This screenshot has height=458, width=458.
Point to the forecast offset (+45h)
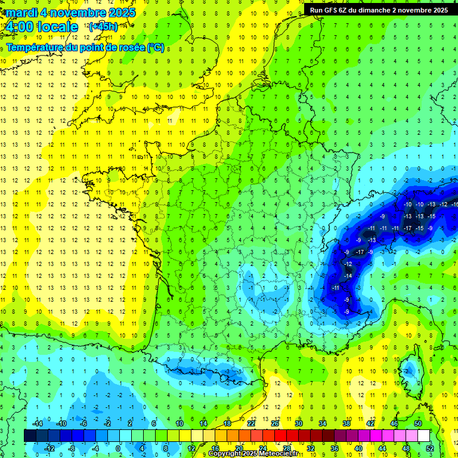tap(103, 27)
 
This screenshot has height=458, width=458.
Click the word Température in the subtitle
tap(35, 48)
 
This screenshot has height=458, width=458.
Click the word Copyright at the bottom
tap(225, 454)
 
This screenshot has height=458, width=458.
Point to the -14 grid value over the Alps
tap(347, 276)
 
